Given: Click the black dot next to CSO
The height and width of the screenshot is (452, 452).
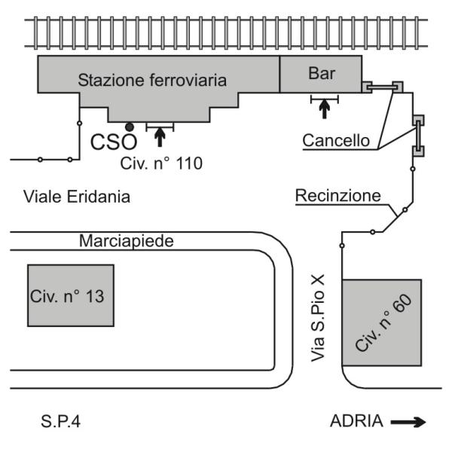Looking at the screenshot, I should [x=130, y=127].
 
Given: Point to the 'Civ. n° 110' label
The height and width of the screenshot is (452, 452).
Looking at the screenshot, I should [x=161, y=162].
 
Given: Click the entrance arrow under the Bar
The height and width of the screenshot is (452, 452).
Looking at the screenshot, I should [x=324, y=108].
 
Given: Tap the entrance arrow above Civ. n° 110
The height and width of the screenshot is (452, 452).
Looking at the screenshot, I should [x=159, y=136].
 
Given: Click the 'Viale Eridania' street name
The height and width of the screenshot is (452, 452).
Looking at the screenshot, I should [x=78, y=197].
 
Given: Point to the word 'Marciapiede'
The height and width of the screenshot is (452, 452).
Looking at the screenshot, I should [x=127, y=242].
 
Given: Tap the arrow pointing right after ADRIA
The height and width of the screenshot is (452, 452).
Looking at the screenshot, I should [x=408, y=423].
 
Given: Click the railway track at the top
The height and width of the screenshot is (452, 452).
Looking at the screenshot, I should [x=225, y=31].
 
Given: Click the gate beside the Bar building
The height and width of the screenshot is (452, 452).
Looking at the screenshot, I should [x=381, y=87].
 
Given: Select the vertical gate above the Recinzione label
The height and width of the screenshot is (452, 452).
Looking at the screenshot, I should [x=417, y=136].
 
